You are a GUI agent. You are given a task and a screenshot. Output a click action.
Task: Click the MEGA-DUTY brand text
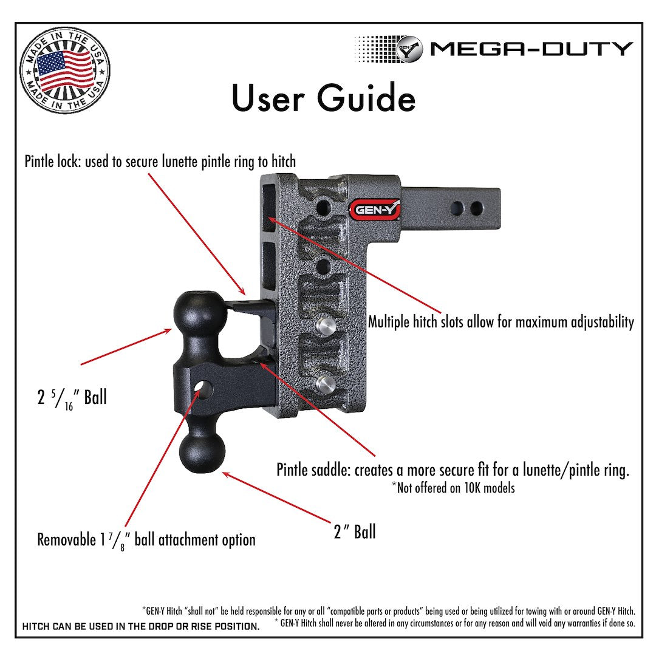point(531,49)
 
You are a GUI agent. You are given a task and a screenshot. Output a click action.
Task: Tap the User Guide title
point(323,98)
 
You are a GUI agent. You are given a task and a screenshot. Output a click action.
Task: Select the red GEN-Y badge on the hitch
point(375,209)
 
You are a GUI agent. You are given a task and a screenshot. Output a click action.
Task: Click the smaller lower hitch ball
point(202,452)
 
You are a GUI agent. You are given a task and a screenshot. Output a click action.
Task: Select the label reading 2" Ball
point(355,532)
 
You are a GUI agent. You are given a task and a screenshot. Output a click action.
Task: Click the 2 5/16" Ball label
point(72,398)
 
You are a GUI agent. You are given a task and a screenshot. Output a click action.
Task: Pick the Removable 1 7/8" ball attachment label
point(146,539)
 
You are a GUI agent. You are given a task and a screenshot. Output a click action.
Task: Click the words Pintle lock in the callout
point(52,162)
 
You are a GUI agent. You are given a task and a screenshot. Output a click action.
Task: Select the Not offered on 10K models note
point(453,488)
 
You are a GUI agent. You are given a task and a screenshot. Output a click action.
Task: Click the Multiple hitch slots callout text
point(501,322)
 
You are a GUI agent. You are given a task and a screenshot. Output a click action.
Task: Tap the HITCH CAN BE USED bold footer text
point(140,626)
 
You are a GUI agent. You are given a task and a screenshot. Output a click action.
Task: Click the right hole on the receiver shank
point(477,208)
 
